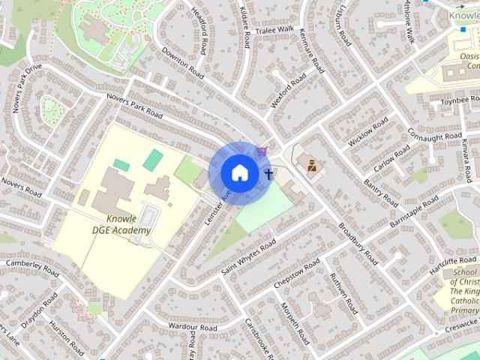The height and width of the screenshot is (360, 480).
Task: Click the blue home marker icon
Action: (239, 172)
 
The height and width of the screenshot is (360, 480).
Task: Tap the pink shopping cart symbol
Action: (261, 151)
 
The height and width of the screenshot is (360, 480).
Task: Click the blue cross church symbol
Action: (268, 175)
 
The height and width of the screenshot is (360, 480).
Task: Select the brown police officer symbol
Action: (311, 165)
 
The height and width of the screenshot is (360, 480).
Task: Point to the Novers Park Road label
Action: (135, 106)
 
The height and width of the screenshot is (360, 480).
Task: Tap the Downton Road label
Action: (183, 63)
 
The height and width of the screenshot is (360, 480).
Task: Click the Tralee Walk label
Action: (274, 29)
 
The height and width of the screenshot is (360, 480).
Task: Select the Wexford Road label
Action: (289, 91)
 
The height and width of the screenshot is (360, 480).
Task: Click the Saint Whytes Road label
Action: (248, 257)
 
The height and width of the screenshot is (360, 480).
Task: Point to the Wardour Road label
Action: (193, 328)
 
